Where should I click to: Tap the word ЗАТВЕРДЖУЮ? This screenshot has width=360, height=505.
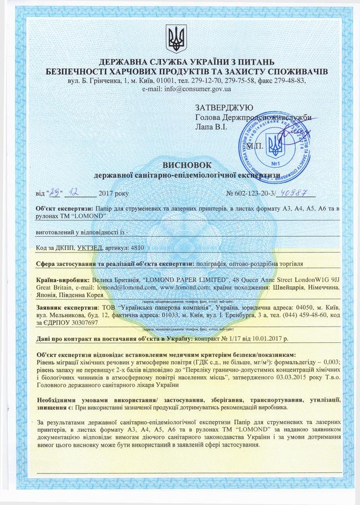224,107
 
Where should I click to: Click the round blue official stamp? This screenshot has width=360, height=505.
275,146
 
